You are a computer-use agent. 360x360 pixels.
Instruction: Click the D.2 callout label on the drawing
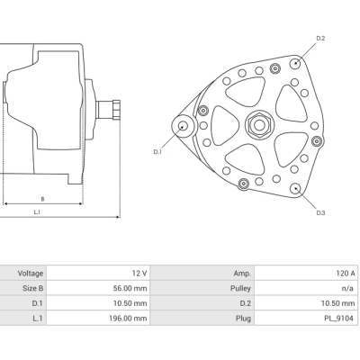[320, 38]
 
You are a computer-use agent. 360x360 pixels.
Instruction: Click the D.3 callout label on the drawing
[320, 212]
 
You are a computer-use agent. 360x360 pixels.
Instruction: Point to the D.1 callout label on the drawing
[157, 152]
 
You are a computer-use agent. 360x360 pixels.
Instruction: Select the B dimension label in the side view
[42, 198]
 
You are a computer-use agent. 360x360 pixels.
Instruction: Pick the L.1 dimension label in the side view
[36, 212]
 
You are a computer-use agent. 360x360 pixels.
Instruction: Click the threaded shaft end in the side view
[114, 111]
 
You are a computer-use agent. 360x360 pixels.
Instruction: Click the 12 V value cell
[139, 272]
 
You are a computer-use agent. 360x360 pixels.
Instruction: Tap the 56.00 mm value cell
[129, 287]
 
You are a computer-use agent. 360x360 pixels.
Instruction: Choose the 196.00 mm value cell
[127, 318]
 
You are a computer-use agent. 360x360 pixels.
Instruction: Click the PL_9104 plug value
[339, 318]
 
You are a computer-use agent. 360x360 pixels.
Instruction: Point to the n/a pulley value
[347, 287]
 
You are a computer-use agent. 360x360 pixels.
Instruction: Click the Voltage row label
[31, 272]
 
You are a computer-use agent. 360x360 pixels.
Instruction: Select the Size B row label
[31, 287]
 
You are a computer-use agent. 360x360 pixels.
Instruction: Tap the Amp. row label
[241, 272]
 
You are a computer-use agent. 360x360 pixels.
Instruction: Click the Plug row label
[242, 318]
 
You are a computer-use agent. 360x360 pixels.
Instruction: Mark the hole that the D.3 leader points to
[296, 188]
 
